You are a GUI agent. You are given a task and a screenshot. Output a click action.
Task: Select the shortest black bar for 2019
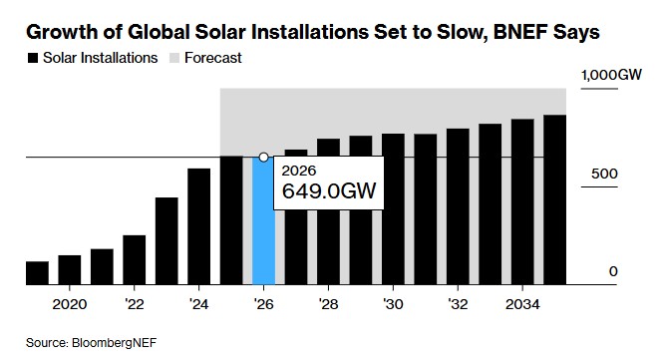tap(37, 273)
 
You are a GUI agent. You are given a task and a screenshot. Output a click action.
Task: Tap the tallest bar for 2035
tap(555, 200)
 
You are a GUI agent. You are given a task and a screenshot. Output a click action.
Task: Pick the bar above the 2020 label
tap(69, 270)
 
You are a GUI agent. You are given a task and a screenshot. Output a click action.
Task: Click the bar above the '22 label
tap(134, 260)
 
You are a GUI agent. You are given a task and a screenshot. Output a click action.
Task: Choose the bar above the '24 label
tap(198, 226)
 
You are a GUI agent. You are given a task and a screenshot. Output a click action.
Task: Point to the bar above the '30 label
tap(393, 209)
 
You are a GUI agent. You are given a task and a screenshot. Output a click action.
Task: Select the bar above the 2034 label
tap(522, 202)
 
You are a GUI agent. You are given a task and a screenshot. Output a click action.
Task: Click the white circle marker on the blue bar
tap(263, 157)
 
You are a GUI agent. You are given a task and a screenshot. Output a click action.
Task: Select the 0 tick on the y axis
tap(614, 271)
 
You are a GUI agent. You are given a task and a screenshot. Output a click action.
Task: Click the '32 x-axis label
tap(457, 303)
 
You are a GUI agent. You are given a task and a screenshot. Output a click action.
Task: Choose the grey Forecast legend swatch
tap(173, 58)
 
